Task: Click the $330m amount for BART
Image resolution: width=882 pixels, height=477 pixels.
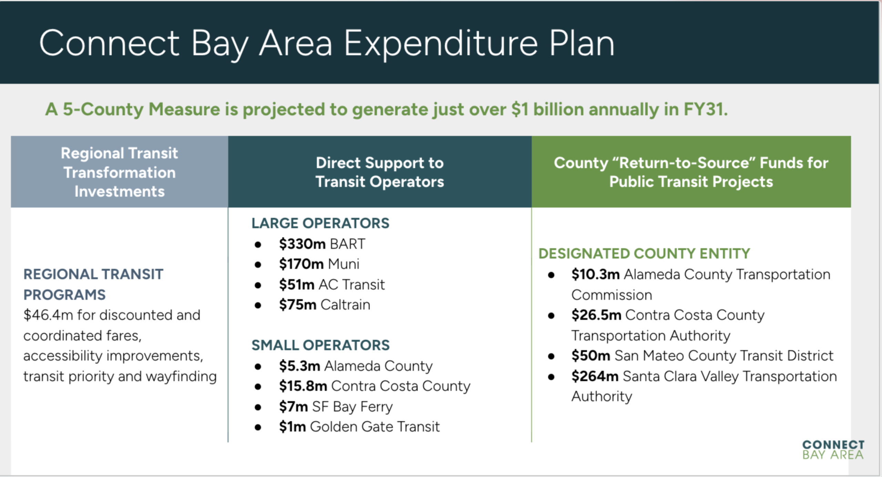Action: (302, 244)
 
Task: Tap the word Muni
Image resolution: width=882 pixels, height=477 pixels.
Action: (343, 264)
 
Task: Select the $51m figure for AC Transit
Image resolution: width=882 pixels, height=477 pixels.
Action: (297, 284)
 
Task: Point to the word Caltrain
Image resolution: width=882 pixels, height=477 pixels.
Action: (345, 305)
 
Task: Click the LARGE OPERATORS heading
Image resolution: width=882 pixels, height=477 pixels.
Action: (320, 223)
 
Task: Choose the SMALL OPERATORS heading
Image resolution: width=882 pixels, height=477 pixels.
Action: (320, 345)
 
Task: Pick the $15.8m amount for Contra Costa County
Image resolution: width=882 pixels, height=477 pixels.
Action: (303, 386)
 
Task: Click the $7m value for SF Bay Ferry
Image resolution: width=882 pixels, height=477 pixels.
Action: (294, 406)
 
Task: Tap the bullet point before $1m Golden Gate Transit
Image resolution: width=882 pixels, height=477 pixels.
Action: (258, 427)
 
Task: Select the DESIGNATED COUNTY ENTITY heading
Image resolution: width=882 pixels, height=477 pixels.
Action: (644, 254)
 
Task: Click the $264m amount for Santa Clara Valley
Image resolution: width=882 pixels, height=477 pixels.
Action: (595, 376)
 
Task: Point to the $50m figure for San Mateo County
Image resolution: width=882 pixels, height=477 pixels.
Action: (591, 356)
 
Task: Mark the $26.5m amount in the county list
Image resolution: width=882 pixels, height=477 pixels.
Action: (596, 315)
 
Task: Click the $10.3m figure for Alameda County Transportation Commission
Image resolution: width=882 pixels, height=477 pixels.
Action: (596, 274)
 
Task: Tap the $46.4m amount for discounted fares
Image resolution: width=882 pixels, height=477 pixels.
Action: (48, 315)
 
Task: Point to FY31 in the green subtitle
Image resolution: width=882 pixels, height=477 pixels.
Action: (706, 109)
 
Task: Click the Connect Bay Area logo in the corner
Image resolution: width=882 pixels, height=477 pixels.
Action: (833, 449)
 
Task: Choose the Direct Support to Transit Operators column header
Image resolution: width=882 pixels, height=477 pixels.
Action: (380, 172)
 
